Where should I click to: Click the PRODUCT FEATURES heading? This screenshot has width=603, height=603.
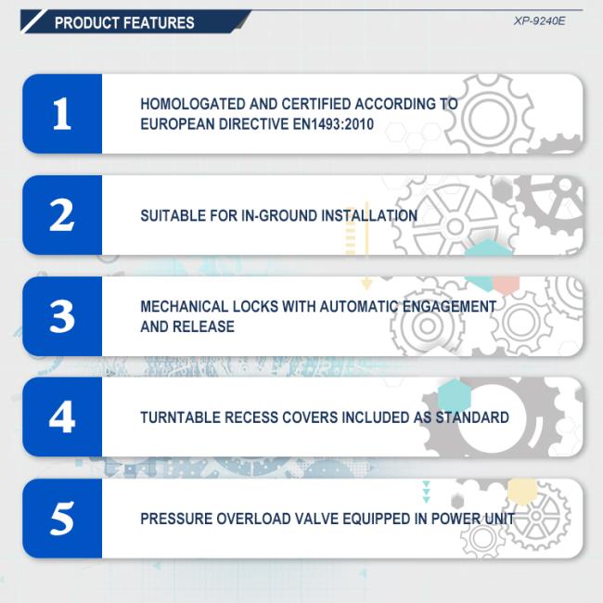(124, 22)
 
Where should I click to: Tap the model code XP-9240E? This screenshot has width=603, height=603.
(540, 21)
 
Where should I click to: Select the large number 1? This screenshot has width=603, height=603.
(62, 113)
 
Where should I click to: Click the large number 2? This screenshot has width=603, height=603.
(62, 215)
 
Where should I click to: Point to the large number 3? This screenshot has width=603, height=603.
(62, 316)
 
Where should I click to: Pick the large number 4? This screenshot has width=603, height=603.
(62, 417)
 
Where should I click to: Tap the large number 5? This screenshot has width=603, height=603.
(62, 519)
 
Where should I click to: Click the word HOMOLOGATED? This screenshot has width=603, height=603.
(192, 104)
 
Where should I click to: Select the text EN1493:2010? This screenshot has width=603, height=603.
(333, 124)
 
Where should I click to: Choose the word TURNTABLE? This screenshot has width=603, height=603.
(180, 417)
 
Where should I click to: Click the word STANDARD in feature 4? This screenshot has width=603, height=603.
(472, 417)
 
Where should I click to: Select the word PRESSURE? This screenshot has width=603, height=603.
(175, 519)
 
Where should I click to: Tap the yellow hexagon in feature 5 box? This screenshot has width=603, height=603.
(522, 491)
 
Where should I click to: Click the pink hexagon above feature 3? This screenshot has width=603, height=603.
(507, 285)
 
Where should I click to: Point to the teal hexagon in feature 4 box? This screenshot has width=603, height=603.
(455, 395)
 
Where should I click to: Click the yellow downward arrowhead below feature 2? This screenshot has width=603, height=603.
(366, 285)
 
